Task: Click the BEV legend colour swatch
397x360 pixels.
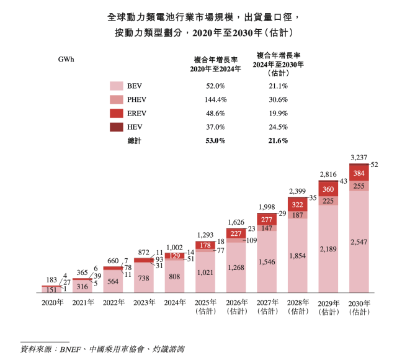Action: (117, 86)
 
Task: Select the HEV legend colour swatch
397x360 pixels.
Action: (117, 127)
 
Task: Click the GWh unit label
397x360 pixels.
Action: (66, 60)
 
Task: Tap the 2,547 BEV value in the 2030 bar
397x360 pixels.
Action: (360, 241)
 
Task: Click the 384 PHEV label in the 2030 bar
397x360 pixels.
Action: (360, 173)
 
